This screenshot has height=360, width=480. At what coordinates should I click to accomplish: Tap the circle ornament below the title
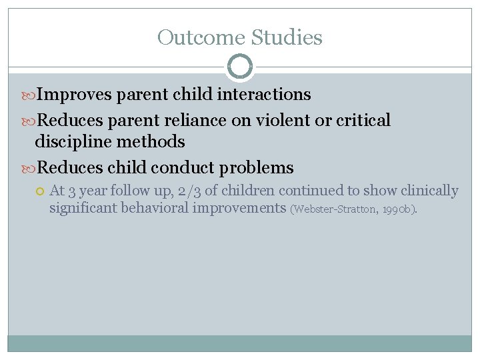240,67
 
